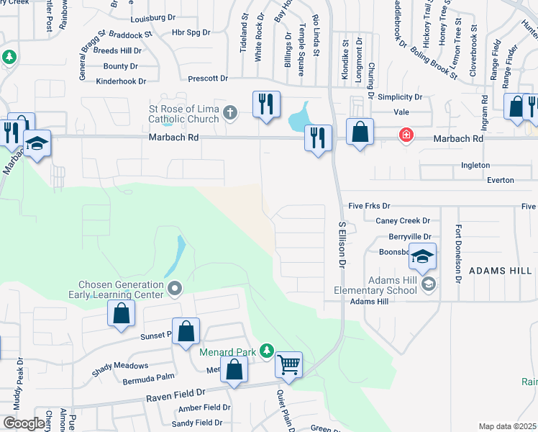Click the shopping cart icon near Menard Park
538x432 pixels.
click(288, 365)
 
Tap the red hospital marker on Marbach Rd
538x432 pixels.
click(406, 135)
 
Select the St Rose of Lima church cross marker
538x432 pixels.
click(230, 112)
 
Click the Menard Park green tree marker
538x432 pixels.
click(267, 351)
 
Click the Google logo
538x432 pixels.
click(24, 423)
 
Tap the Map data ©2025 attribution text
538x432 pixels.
click(507, 426)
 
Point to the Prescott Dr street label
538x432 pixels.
click(207, 78)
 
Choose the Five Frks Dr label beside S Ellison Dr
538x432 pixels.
click(369, 206)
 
